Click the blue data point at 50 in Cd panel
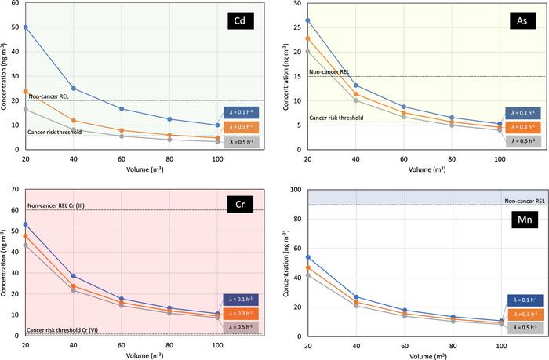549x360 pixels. tap(26, 27)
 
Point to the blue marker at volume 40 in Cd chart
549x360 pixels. tap(74, 89)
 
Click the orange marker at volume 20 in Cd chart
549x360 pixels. tap(26, 92)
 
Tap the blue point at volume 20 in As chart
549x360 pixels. tap(307, 20)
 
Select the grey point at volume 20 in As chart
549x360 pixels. tap(307, 52)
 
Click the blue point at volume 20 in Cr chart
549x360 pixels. tap(26, 224)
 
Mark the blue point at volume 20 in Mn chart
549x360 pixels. tap(307, 256)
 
